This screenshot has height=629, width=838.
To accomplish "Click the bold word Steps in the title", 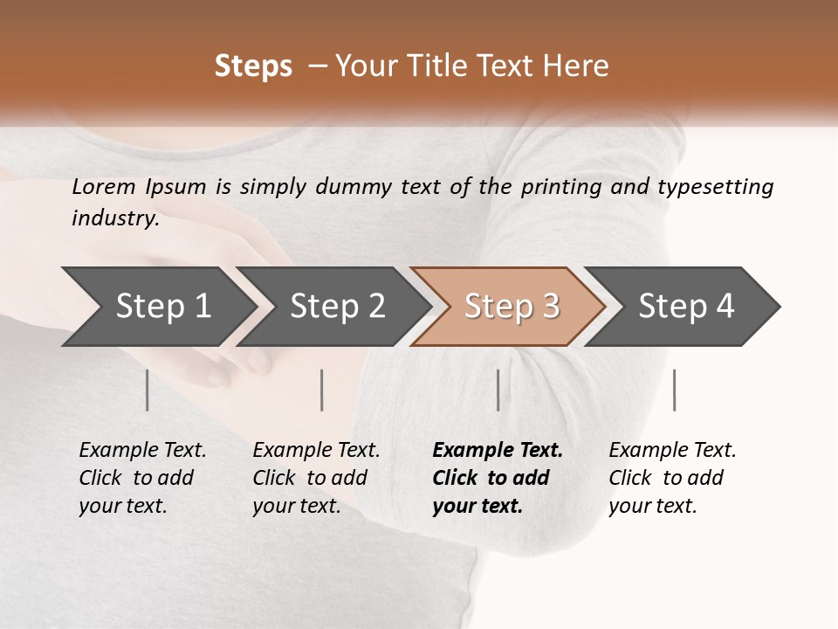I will click(253, 66).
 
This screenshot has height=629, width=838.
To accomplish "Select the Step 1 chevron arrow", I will click(157, 306).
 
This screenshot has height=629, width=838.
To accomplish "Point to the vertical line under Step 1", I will click(148, 390).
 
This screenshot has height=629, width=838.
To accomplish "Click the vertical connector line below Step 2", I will click(322, 390).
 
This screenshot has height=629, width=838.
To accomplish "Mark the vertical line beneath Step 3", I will click(498, 390).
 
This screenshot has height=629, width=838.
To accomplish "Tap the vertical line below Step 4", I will click(674, 390).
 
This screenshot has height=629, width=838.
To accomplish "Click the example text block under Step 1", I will click(142, 478).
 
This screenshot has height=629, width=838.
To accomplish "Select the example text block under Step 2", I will click(316, 478).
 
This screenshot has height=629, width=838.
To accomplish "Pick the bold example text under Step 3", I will click(497, 478).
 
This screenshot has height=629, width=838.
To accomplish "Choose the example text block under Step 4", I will click(672, 478).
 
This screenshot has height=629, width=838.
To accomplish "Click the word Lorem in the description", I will click(104, 187).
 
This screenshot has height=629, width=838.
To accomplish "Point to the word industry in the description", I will click(114, 218).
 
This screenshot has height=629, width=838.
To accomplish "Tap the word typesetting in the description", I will click(715, 187).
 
